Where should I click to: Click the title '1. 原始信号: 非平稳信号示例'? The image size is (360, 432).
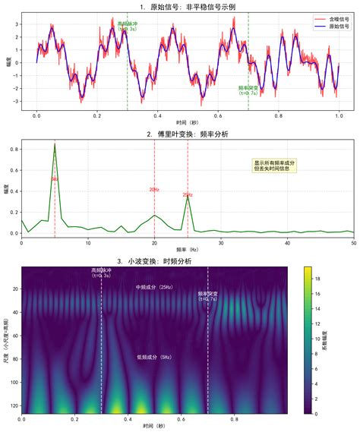[x=188, y=6]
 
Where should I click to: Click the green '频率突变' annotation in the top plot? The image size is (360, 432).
[x=248, y=90]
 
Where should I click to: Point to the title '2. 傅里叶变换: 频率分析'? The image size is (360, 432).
[x=188, y=134]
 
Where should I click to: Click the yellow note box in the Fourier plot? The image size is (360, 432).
[x=275, y=165]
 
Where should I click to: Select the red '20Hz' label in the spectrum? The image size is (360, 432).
[x=154, y=190]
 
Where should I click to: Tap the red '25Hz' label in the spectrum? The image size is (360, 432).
[x=188, y=195]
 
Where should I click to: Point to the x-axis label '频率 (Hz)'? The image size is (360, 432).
[x=188, y=249]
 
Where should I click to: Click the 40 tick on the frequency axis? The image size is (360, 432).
[x=287, y=243]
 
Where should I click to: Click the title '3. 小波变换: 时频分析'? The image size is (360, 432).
[x=154, y=261]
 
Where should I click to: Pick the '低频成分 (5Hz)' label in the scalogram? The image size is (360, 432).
[x=154, y=356]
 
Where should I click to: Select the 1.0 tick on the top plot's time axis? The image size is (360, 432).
[x=339, y=117]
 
